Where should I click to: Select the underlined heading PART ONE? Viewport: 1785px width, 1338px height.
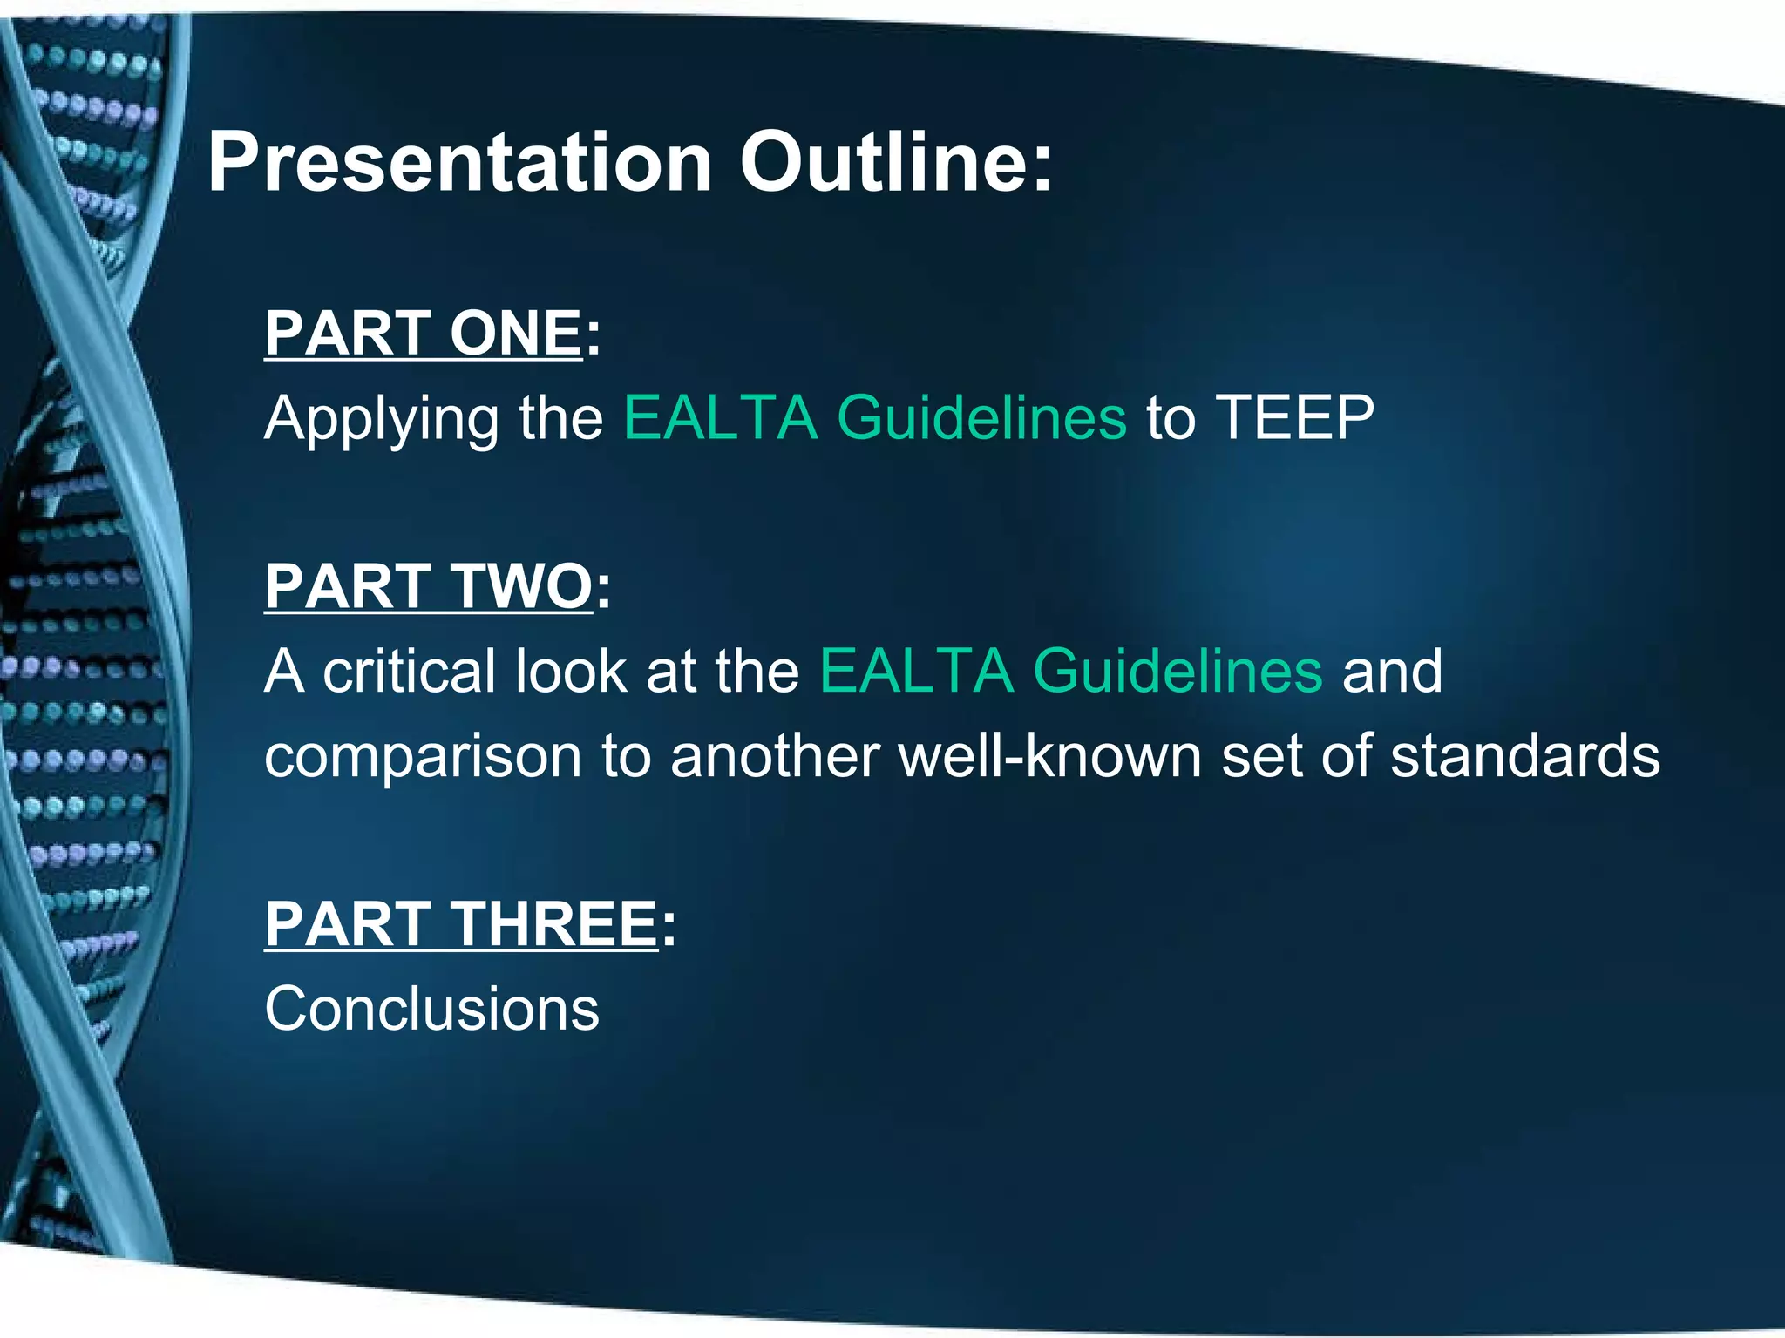point(424,333)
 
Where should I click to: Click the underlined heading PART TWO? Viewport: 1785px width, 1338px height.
point(429,585)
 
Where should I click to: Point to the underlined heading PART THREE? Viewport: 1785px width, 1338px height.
point(461,923)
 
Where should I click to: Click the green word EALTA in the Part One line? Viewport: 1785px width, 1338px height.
point(721,418)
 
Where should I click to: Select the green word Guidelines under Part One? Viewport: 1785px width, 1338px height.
point(981,418)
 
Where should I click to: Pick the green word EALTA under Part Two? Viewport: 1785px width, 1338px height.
point(917,671)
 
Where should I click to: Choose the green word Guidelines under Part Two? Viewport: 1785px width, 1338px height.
point(1178,671)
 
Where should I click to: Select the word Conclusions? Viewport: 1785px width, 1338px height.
point(431,1009)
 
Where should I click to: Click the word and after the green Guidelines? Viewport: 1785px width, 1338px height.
point(1392,671)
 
